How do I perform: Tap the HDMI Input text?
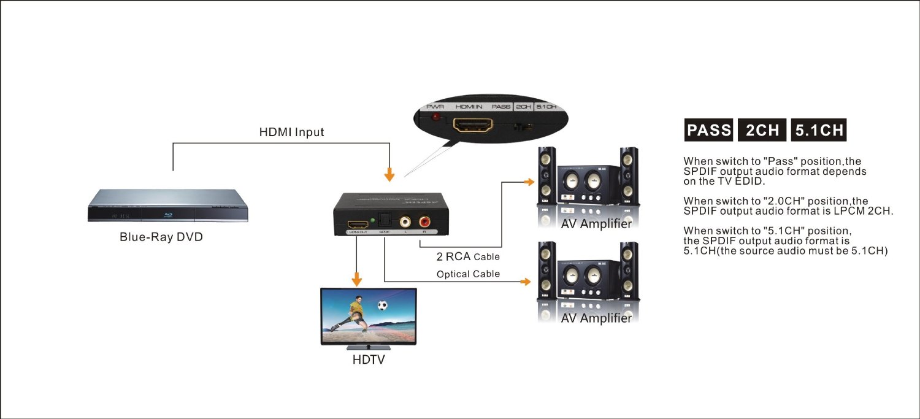pos(291,132)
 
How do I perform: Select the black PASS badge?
pos(708,130)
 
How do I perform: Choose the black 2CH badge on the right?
pos(762,130)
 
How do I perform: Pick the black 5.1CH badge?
pos(819,130)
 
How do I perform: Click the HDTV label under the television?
pos(369,359)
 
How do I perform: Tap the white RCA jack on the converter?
pos(405,221)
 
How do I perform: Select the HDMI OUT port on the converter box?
pos(357,223)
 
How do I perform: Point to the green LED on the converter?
pos(373,219)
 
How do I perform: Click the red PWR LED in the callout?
pos(436,117)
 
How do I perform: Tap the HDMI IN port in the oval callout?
pos(472,126)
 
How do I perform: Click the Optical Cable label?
pos(468,274)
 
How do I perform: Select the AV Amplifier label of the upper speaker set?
pos(596,224)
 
